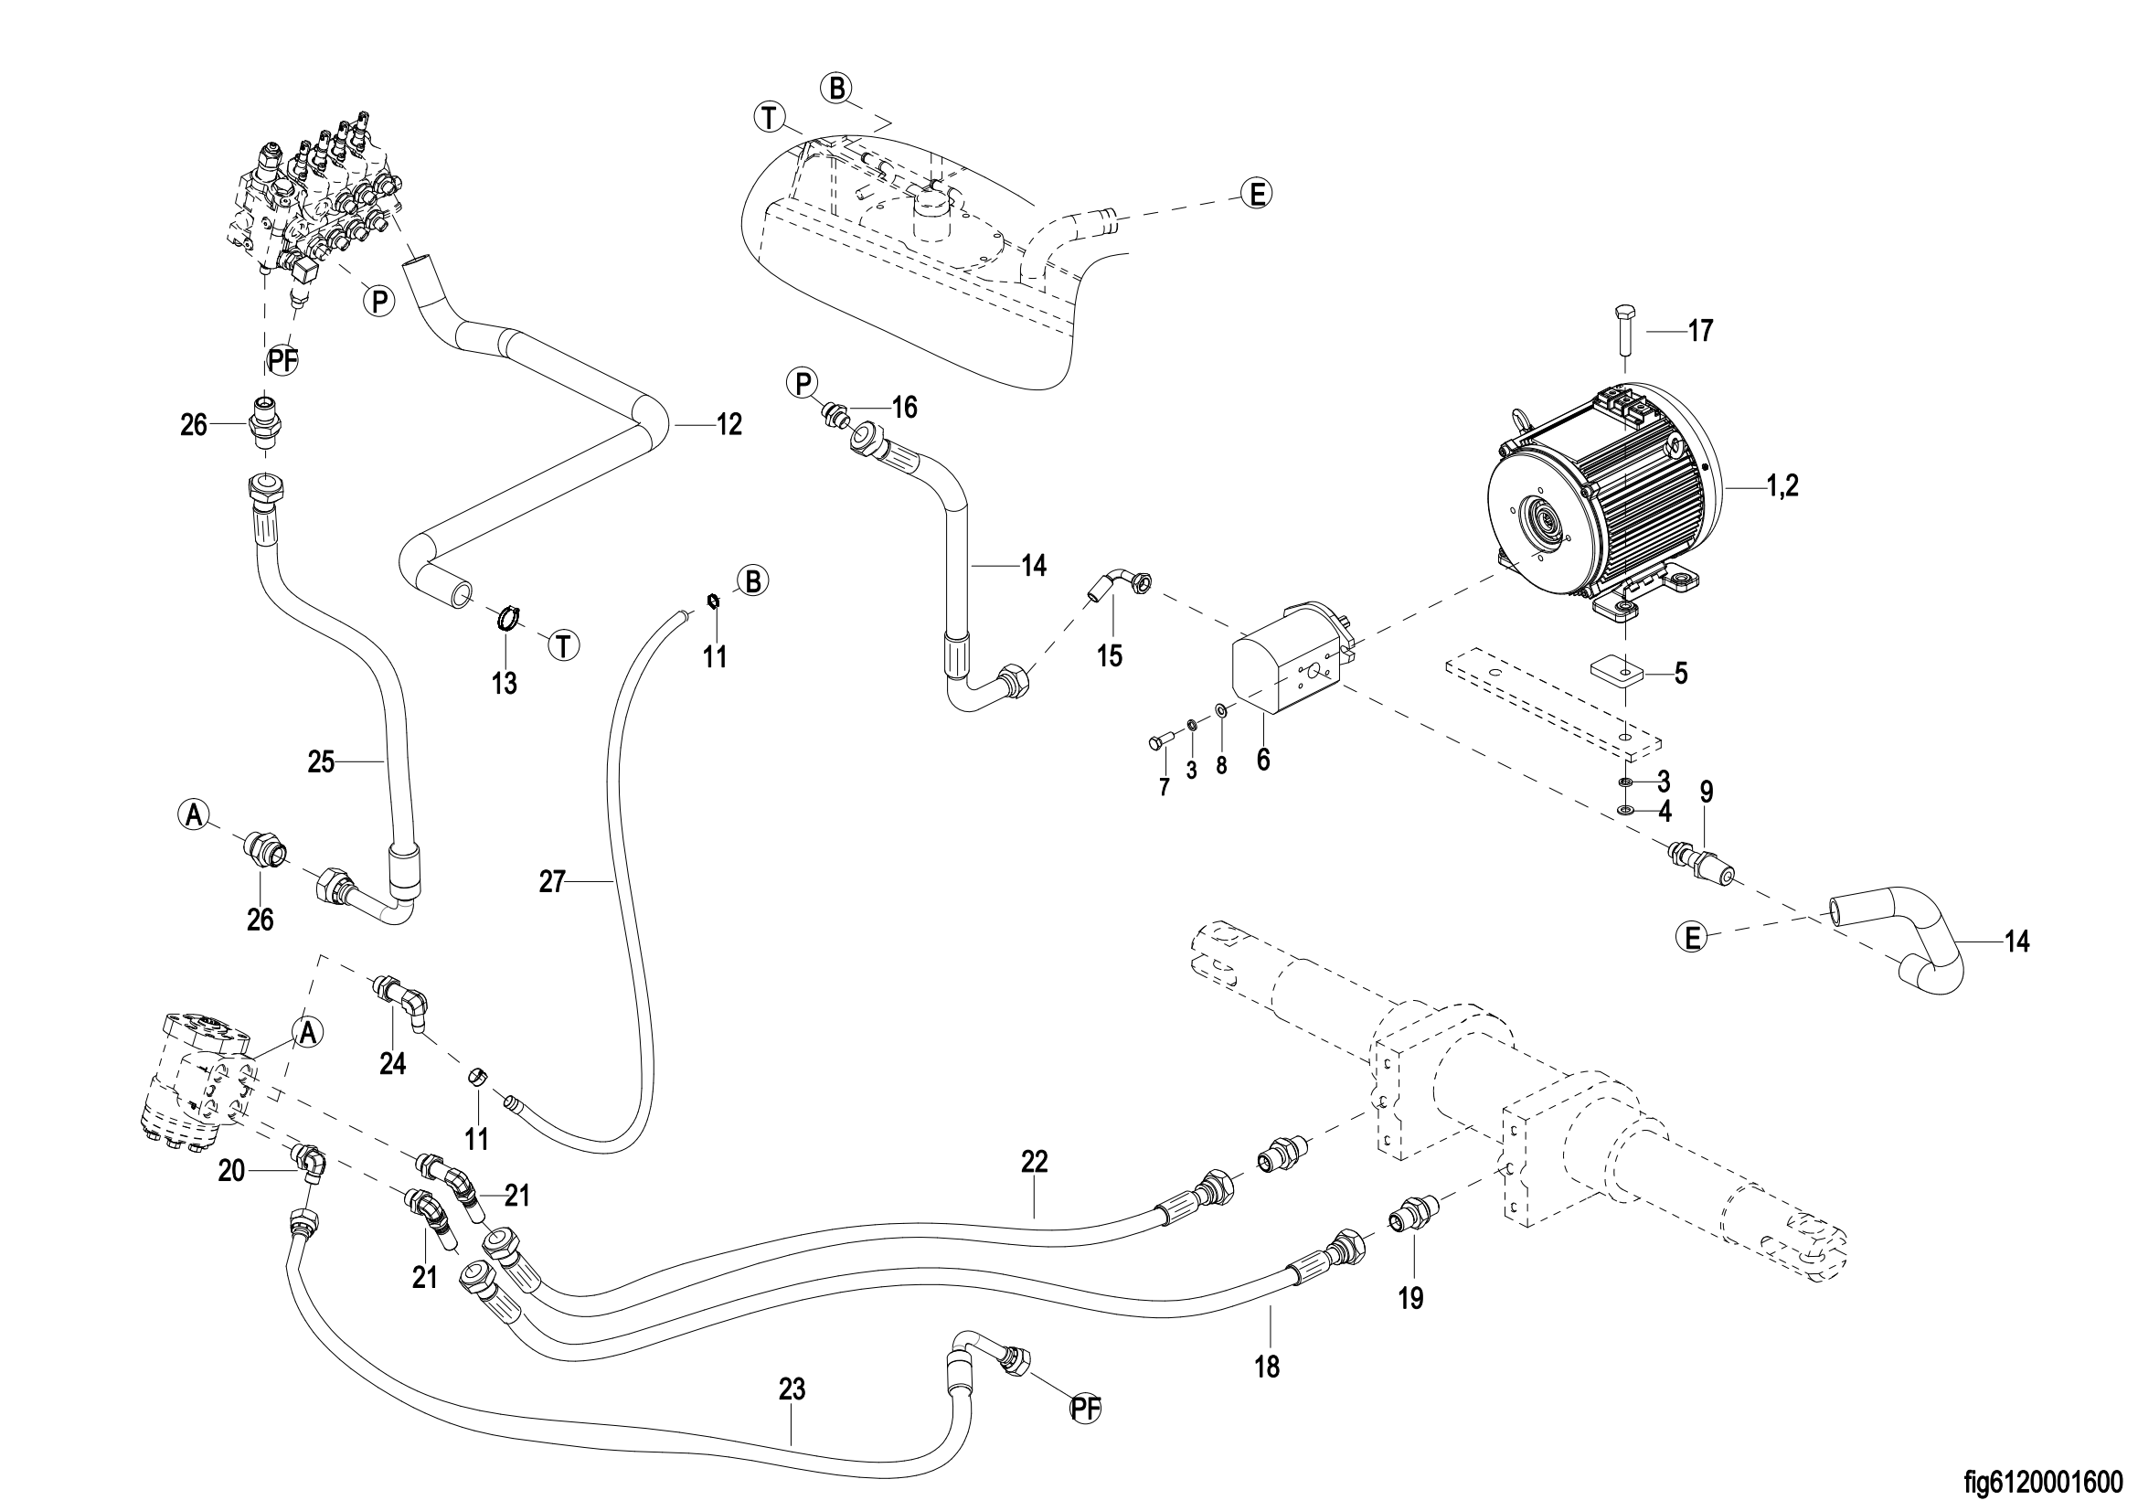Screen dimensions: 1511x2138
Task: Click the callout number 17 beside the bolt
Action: click(1700, 331)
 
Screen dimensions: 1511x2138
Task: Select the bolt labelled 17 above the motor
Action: click(1624, 340)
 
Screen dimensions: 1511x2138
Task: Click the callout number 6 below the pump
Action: click(1262, 760)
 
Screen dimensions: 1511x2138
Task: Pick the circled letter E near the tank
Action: click(1257, 194)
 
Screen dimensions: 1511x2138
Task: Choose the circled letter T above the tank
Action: click(769, 118)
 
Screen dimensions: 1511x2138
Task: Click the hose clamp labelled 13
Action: click(505, 616)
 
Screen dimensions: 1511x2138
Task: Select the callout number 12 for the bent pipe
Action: click(729, 424)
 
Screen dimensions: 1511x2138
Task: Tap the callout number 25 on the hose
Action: click(321, 762)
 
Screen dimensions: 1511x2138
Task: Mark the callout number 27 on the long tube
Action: click(552, 882)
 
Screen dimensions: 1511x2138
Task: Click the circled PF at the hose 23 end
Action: click(1085, 1410)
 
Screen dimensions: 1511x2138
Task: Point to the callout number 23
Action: click(792, 1390)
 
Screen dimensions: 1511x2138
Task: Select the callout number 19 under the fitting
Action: click(1410, 1299)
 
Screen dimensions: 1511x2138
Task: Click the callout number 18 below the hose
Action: click(1267, 1367)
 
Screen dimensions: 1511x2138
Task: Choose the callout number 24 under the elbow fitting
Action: click(393, 1063)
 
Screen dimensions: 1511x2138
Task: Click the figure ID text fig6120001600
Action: click(2049, 1480)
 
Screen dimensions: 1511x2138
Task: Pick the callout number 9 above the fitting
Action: click(1706, 793)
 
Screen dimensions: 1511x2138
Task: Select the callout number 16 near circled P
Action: click(904, 407)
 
